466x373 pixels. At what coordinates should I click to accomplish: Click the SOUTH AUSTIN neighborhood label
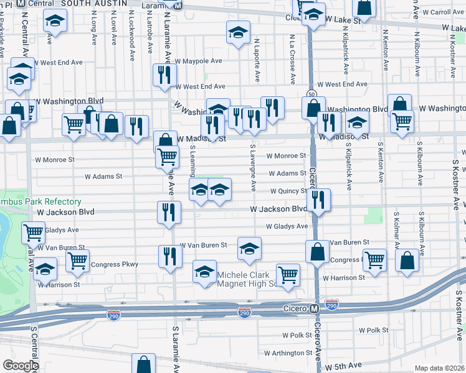click(92, 3)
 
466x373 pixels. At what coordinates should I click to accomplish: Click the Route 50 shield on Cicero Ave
click(311, 94)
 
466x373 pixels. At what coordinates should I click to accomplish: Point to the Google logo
click(21, 365)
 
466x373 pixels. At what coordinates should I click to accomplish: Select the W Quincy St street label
click(288, 191)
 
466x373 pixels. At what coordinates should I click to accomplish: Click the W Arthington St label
click(291, 352)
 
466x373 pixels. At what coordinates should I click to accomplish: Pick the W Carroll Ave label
click(443, 12)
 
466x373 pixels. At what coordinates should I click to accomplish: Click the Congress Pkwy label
click(114, 264)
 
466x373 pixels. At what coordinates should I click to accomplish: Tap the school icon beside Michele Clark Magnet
click(204, 272)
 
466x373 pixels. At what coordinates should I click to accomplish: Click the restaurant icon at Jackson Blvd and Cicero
click(318, 200)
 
